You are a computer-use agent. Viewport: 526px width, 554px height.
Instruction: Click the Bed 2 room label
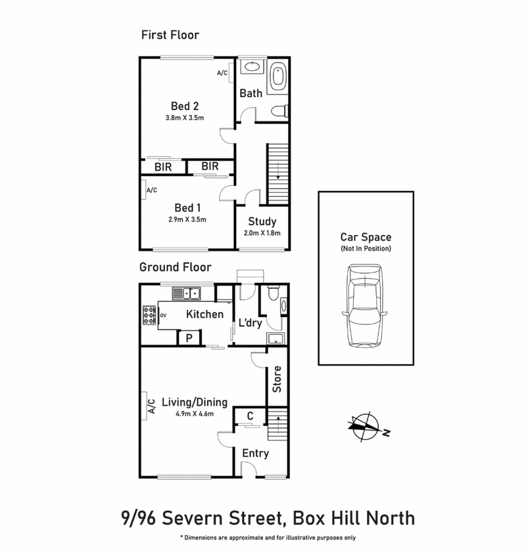click(x=185, y=106)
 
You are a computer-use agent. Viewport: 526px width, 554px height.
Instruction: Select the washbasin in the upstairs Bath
click(x=251, y=67)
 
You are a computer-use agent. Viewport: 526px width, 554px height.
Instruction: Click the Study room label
click(x=262, y=222)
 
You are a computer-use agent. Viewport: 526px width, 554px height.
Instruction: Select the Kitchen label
click(x=204, y=314)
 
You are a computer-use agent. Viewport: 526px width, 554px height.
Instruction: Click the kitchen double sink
click(x=191, y=293)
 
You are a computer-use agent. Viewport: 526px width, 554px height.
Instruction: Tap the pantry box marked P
click(x=189, y=338)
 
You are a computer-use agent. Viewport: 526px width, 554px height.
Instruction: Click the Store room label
click(x=277, y=379)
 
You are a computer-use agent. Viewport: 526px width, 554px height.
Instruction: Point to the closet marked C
click(x=251, y=415)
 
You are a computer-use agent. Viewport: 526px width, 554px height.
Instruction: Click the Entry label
click(x=255, y=453)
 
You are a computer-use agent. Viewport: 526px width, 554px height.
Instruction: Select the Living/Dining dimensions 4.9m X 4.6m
click(x=195, y=414)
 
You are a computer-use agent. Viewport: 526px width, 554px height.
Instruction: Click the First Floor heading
click(x=170, y=34)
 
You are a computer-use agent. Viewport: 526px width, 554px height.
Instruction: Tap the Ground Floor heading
click(x=175, y=267)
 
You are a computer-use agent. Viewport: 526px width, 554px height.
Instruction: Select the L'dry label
click(x=249, y=322)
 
